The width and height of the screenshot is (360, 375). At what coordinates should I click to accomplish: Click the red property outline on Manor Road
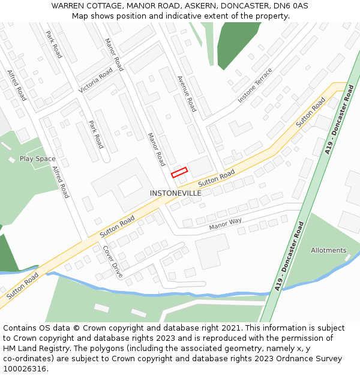[x=179, y=172]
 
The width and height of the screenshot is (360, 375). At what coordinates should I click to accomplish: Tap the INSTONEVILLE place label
[x=175, y=193]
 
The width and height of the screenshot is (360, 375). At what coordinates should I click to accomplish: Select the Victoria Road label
[x=95, y=80]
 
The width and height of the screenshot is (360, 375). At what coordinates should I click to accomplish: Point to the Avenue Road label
[x=187, y=94]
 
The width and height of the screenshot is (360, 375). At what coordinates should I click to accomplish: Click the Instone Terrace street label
[x=255, y=85]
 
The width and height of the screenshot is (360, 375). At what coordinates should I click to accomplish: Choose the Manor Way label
[x=225, y=224]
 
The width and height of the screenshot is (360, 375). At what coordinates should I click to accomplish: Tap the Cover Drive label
[x=112, y=261]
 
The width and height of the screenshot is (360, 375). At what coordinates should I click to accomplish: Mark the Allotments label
[x=328, y=250]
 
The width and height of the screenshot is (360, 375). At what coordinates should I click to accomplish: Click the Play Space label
[x=37, y=158]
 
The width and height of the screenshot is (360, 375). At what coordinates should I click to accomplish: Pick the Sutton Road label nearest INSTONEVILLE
[x=217, y=177]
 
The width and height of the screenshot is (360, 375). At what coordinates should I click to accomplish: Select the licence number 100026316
[x=23, y=369]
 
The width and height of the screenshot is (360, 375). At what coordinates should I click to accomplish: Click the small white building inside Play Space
[x=12, y=160]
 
